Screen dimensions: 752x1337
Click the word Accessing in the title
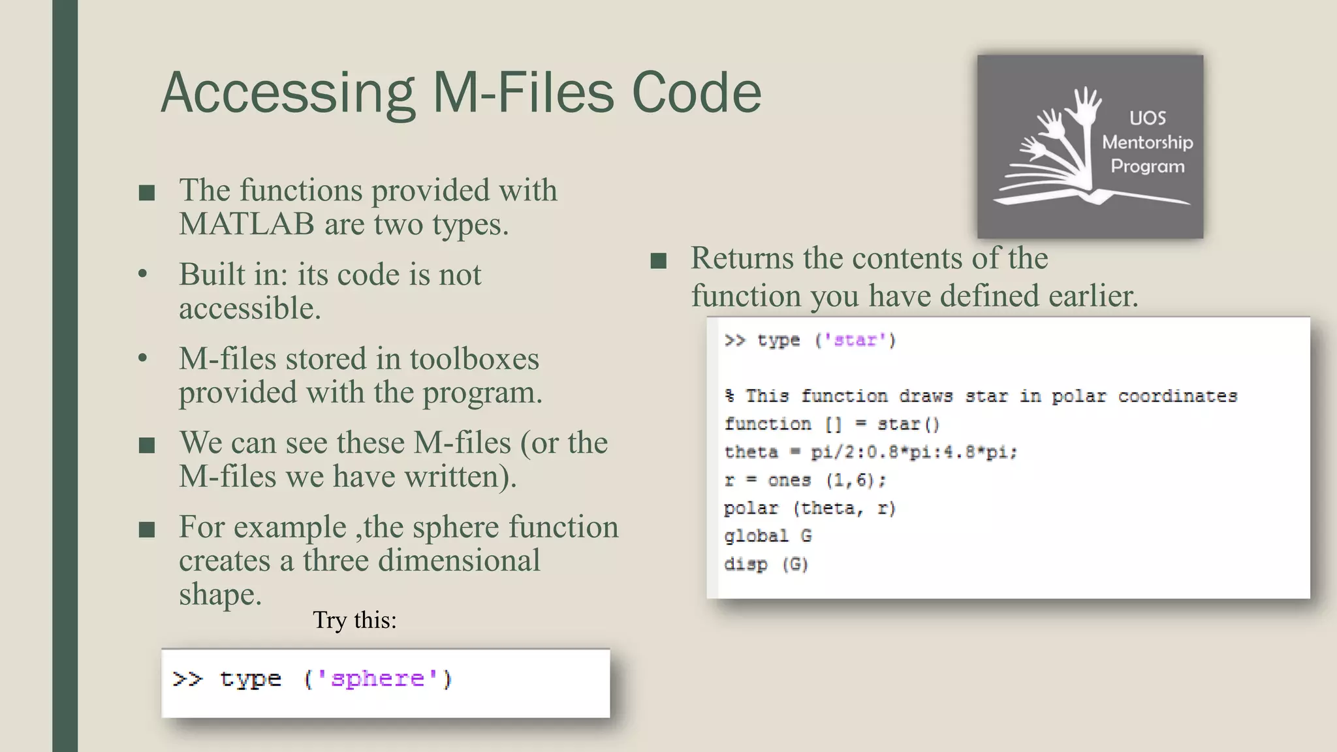tap(288, 93)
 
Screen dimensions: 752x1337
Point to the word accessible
tap(250, 308)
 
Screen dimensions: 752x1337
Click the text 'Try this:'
tap(354, 619)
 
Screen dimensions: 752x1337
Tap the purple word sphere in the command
tap(377, 679)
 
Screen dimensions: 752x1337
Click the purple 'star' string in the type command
tap(855, 340)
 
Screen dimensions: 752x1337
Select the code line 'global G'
tap(768, 536)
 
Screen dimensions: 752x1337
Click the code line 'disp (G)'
tap(766, 564)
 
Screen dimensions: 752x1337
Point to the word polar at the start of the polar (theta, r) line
tap(751, 508)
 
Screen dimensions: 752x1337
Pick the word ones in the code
tap(789, 480)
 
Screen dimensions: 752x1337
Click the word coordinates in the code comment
tap(1177, 396)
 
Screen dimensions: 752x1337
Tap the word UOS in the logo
tap(1147, 118)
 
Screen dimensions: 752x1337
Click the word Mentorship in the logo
tap(1147, 142)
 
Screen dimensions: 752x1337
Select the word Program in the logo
tap(1147, 166)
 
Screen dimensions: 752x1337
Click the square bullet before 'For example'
tap(147, 529)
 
